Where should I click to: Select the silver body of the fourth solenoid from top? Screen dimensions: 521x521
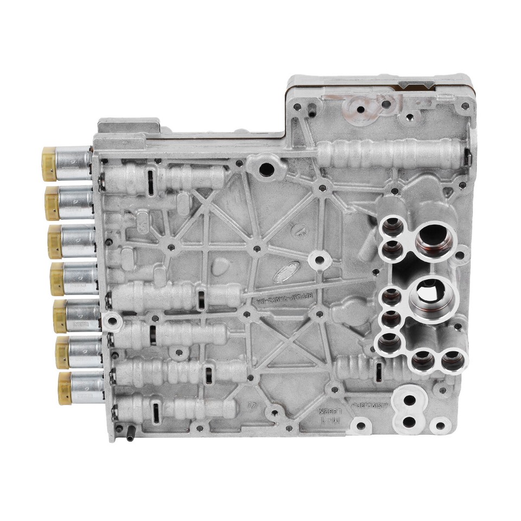click(x=81, y=278)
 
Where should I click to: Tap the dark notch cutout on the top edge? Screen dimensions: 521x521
click(x=418, y=85)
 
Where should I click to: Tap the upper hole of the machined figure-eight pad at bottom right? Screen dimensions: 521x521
click(x=410, y=401)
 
